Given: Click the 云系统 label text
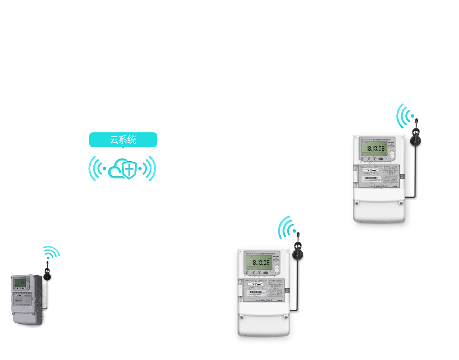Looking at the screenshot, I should [123, 140].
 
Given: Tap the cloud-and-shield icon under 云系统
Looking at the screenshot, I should [121, 169].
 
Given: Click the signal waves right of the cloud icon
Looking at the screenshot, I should [148, 169].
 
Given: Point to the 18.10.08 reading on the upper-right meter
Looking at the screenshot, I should [375, 149].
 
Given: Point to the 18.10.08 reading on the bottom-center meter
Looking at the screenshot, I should [260, 263].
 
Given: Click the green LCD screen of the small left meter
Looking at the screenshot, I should [20, 283].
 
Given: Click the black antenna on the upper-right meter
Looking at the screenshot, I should [416, 136].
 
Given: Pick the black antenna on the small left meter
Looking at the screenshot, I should [47, 273].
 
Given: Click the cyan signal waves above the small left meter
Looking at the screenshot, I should [51, 252].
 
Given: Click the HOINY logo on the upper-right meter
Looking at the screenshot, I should [391, 143].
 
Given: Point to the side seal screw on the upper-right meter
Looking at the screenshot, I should [402, 176].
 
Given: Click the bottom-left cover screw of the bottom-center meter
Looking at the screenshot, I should [242, 317].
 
